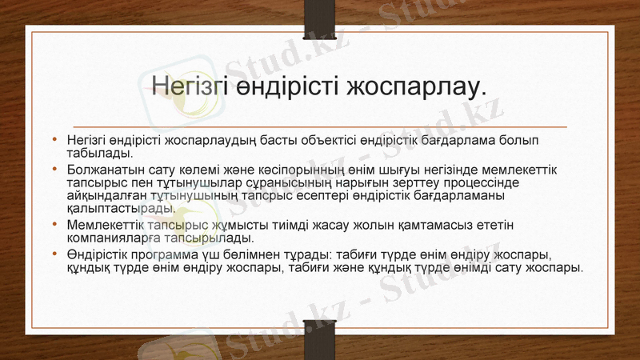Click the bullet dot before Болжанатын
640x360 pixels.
click(x=54, y=170)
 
